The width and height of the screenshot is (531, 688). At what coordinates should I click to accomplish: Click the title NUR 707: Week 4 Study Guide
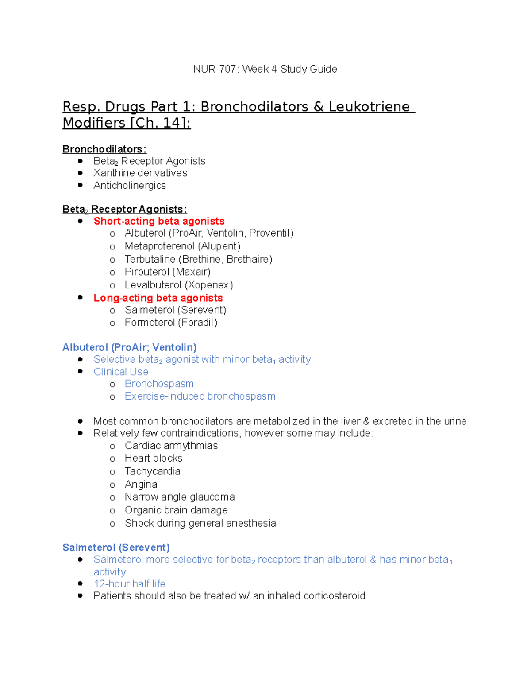click(x=265, y=69)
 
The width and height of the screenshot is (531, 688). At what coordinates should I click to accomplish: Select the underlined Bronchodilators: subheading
click(x=104, y=149)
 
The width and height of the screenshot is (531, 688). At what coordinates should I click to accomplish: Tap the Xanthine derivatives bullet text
click(x=140, y=173)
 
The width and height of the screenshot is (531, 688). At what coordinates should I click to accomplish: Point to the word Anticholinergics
click(x=130, y=186)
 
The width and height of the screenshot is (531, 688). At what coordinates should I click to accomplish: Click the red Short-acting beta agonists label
click(x=159, y=221)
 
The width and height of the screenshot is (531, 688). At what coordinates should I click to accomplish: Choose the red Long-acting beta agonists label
click(x=158, y=298)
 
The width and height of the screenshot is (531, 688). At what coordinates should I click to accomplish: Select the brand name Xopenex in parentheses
click(x=209, y=285)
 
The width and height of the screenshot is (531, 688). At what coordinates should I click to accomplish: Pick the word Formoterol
click(x=150, y=323)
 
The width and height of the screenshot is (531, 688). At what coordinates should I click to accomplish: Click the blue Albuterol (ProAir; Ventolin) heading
click(x=130, y=347)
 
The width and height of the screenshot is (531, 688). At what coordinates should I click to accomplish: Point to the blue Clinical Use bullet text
click(x=121, y=372)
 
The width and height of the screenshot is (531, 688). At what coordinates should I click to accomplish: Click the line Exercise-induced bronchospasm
click(x=200, y=396)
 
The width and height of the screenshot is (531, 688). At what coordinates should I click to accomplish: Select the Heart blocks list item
click(x=153, y=458)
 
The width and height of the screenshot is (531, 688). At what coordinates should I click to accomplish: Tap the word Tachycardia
click(x=152, y=471)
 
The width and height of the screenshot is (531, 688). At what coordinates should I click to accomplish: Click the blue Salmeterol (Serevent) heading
click(x=116, y=548)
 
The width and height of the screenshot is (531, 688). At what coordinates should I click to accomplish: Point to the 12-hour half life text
click(x=129, y=584)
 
